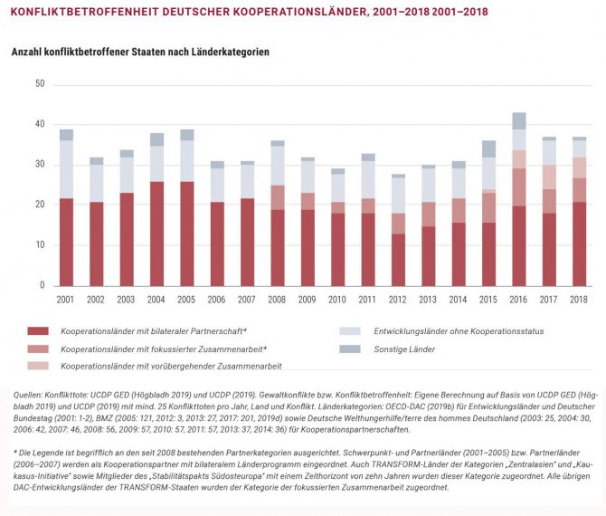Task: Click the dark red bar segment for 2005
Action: tap(186, 234)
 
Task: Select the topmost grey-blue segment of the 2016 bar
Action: tap(518, 120)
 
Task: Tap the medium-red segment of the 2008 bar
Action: tap(277, 197)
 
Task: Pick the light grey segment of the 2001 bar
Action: tap(66, 169)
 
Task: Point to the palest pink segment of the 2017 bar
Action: tap(549, 177)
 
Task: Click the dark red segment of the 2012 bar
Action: tap(398, 260)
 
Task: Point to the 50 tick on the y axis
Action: tap(40, 83)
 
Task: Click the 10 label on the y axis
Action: tap(40, 244)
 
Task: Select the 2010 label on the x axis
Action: tap(337, 300)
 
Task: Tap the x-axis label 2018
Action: tap(579, 300)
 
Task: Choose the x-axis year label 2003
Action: tap(126, 300)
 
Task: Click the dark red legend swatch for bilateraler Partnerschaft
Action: tap(38, 331)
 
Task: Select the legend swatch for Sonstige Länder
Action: tap(350, 349)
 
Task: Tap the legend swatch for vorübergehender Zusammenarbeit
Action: tap(38, 366)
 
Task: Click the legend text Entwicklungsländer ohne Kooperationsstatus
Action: tap(459, 331)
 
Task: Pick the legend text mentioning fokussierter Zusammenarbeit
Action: tap(164, 349)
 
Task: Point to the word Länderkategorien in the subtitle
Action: tap(230, 52)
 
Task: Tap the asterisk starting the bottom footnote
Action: tap(15, 452)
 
